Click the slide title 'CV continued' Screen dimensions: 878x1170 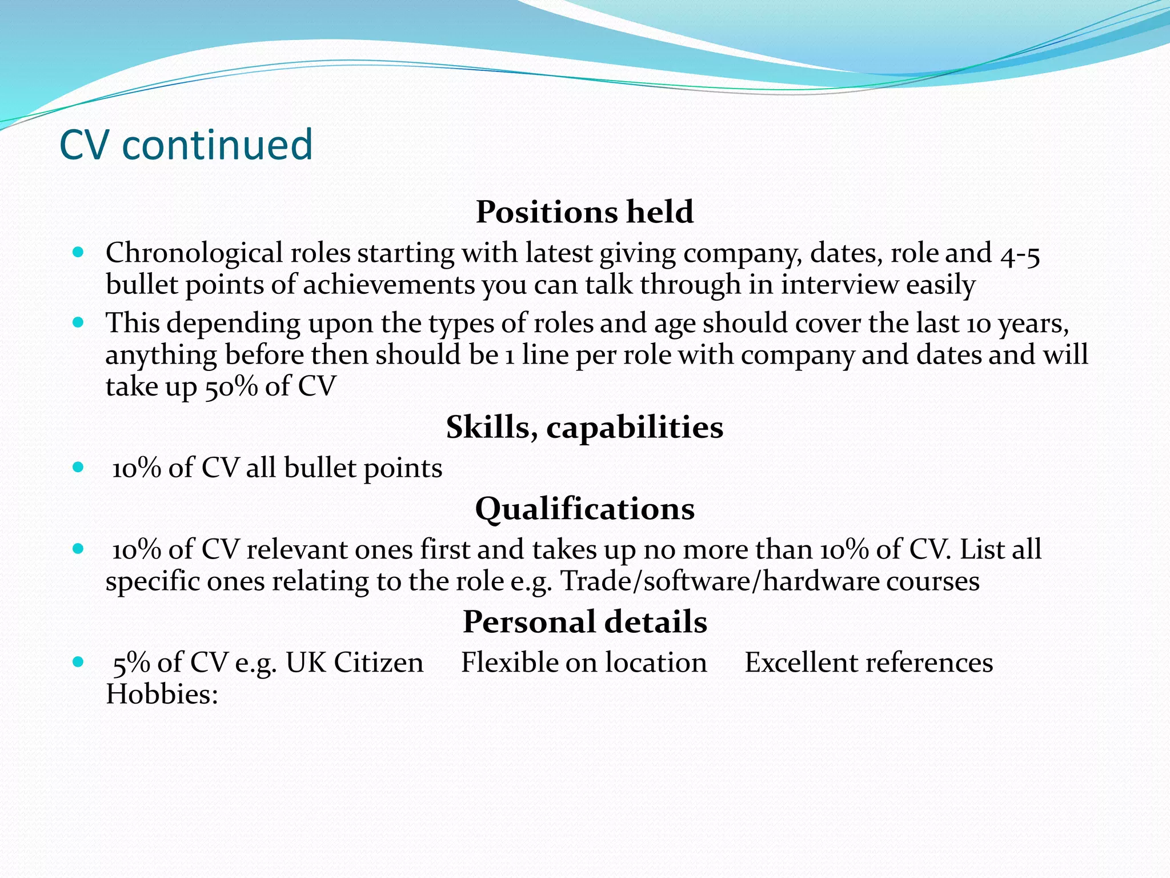pyautogui.click(x=186, y=145)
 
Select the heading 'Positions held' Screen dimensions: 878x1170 pyautogui.click(x=584, y=212)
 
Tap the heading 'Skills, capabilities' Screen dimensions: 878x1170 pyautogui.click(x=584, y=428)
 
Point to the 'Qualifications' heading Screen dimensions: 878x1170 pyautogui.click(x=584, y=509)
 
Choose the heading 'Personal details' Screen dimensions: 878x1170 pyautogui.click(x=584, y=622)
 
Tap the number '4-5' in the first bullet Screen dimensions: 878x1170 pyautogui.click(x=1020, y=254)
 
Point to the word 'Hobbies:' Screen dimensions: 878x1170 pyautogui.click(x=162, y=695)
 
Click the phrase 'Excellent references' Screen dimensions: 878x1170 pyautogui.click(x=868, y=663)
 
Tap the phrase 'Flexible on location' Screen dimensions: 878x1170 pyautogui.click(x=584, y=663)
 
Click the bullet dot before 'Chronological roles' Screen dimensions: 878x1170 pyautogui.click(x=79, y=252)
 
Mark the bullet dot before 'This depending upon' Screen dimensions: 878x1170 pyautogui.click(x=79, y=322)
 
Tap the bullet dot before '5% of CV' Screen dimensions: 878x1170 pyautogui.click(x=79, y=662)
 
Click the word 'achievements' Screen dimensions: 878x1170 pyautogui.click(x=388, y=285)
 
